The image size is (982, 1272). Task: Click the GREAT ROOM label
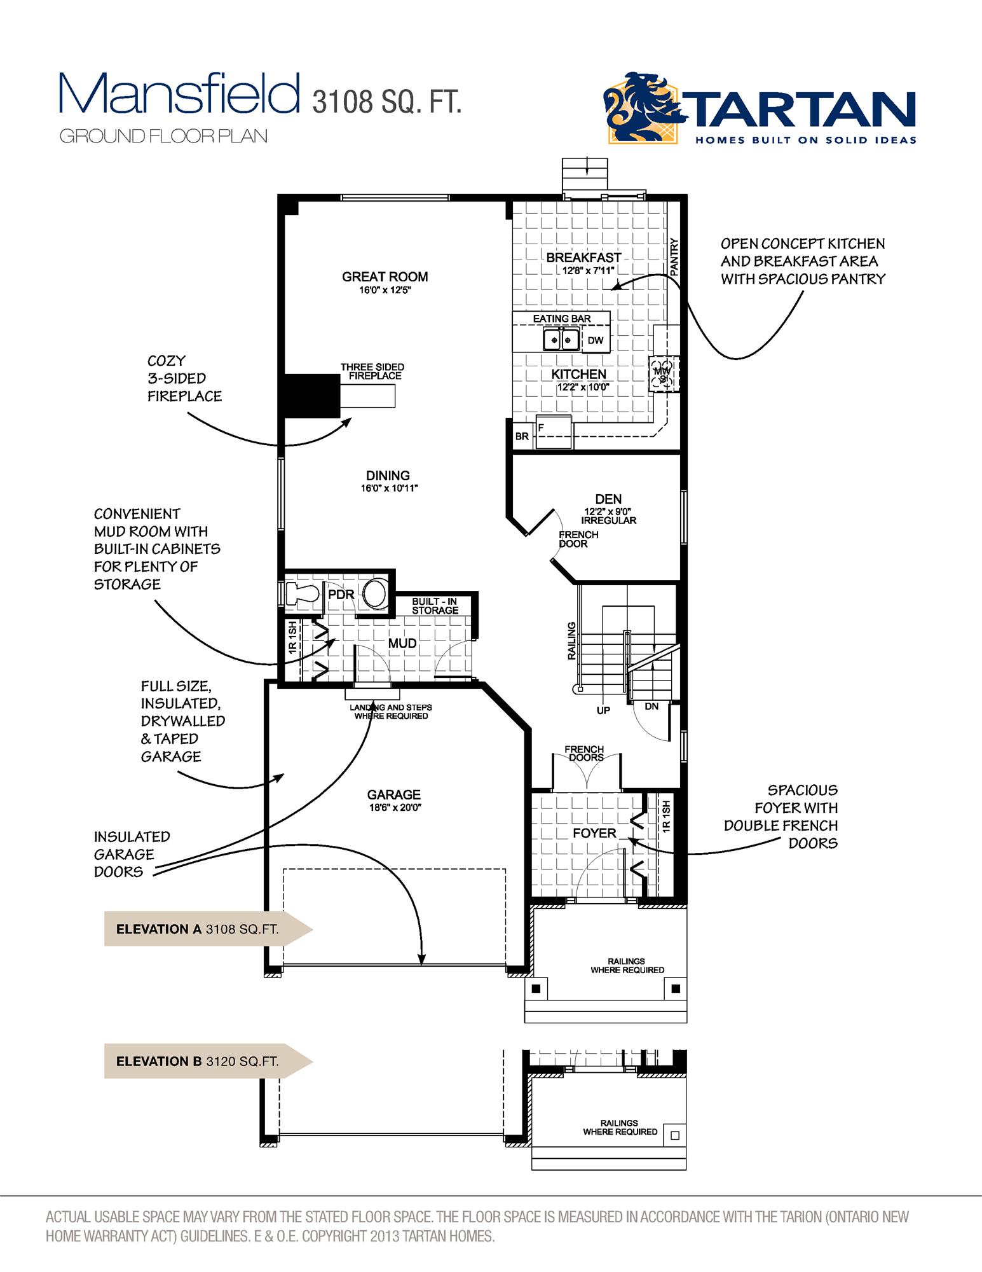[385, 277]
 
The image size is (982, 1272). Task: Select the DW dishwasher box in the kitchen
[595, 341]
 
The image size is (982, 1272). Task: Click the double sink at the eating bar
[561, 340]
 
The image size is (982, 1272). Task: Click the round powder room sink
[376, 594]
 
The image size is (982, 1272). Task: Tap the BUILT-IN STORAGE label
[435, 606]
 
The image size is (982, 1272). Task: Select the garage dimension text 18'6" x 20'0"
[394, 808]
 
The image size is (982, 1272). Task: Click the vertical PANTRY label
[674, 257]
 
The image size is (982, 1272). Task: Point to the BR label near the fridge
[522, 437]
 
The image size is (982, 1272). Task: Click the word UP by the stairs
[603, 710]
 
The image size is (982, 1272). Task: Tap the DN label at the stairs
[651, 707]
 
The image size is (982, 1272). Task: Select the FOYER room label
[594, 833]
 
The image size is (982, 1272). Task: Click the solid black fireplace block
[312, 396]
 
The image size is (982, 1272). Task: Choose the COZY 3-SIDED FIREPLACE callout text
[184, 378]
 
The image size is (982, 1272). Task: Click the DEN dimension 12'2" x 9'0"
[608, 511]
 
